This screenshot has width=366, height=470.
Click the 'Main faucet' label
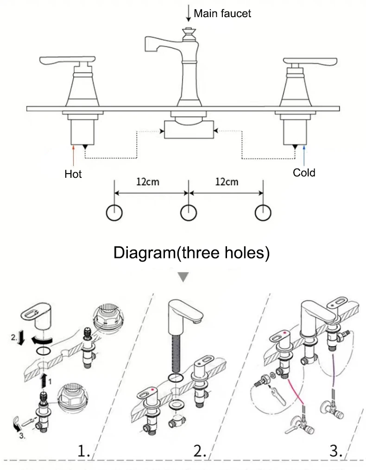tap(222, 13)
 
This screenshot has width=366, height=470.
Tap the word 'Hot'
tap(73, 174)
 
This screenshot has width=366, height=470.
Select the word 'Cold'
tap(304, 173)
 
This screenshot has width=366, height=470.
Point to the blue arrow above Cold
tap(304, 155)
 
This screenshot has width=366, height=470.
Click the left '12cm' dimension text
tap(148, 182)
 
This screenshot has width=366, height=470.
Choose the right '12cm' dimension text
tap(227, 182)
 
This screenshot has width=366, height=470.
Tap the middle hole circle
tap(189, 213)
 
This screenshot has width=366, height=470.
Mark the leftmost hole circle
tap(114, 213)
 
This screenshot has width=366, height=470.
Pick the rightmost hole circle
tap(263, 213)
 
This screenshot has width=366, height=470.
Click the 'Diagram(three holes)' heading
tap(191, 253)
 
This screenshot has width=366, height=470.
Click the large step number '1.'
tap(84, 451)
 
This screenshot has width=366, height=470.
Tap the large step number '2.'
tap(200, 451)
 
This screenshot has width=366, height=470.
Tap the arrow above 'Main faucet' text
tap(189, 13)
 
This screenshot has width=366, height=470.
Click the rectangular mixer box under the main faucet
tap(189, 130)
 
